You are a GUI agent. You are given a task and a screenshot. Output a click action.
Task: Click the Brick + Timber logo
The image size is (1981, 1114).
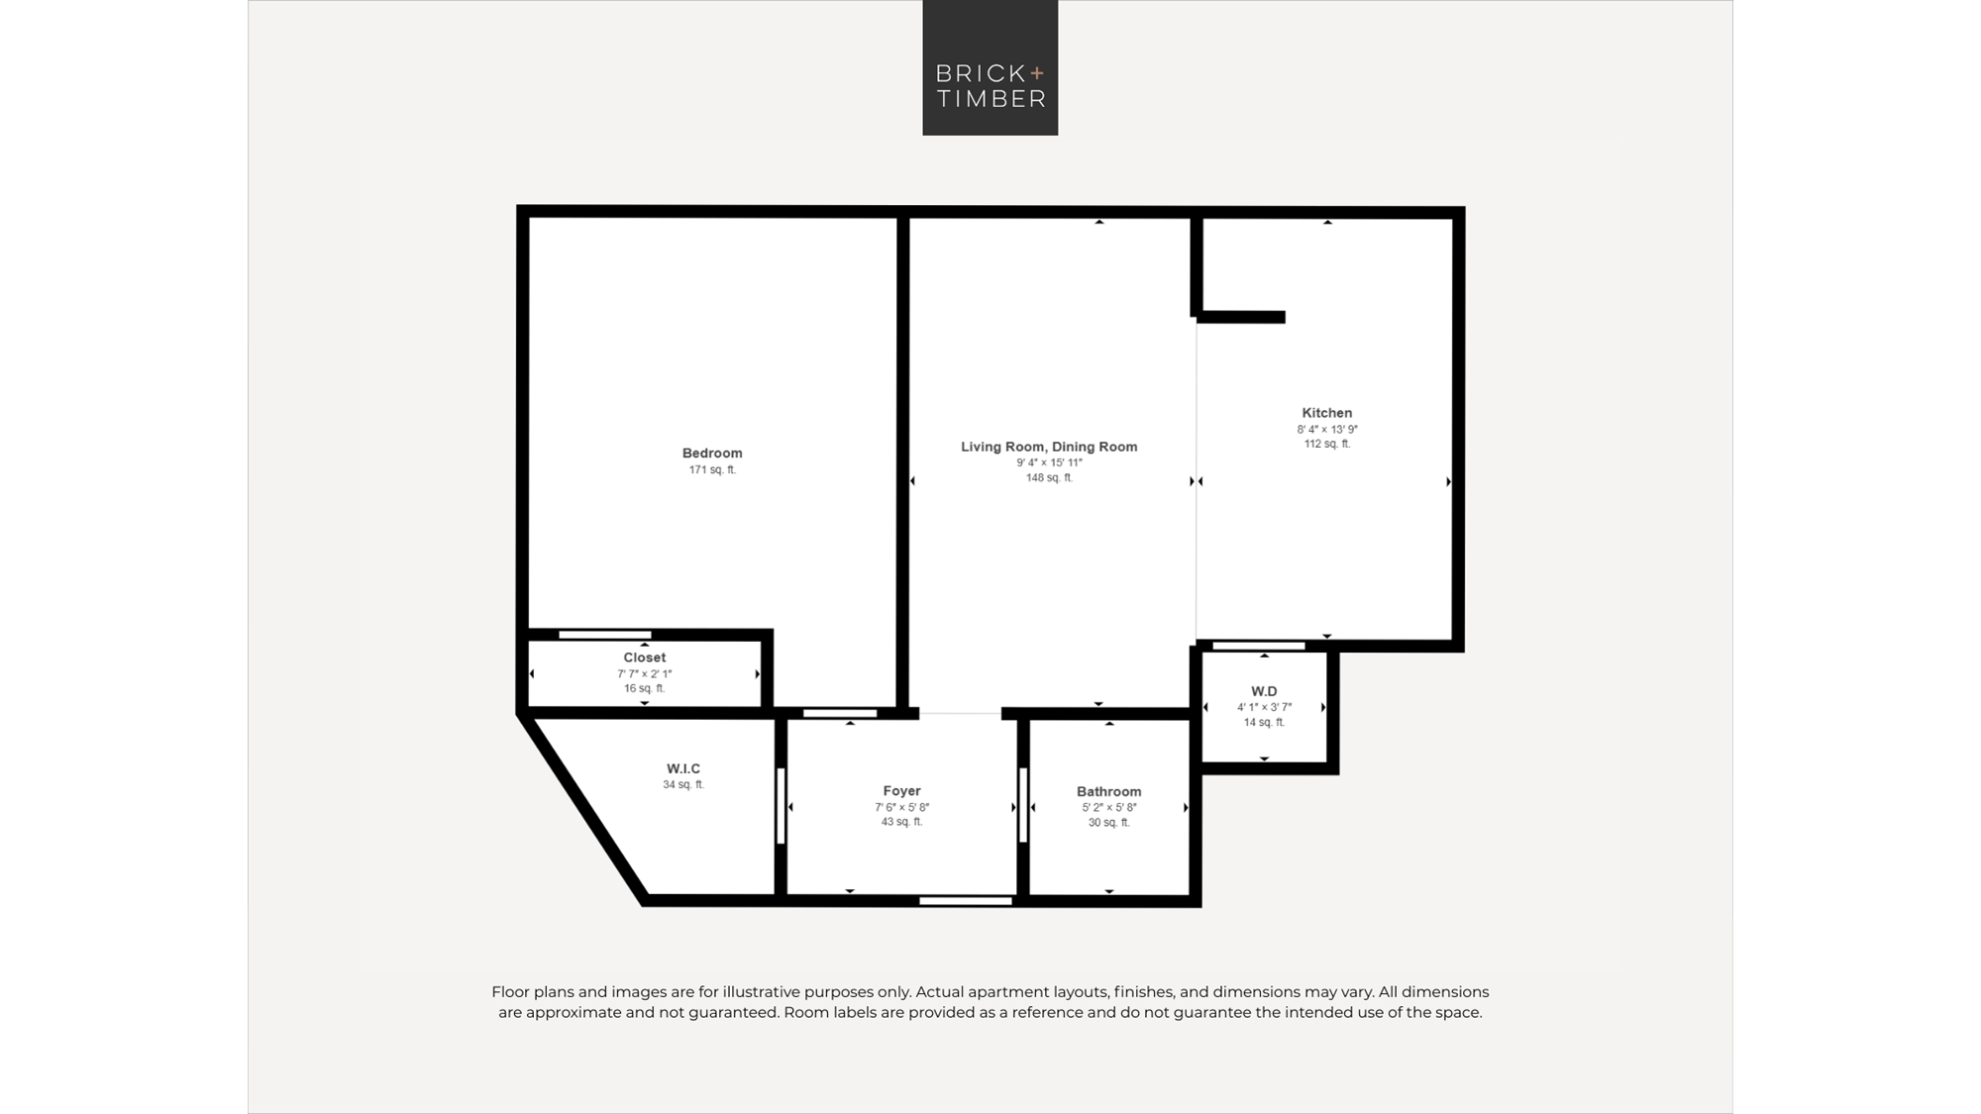tap(990, 67)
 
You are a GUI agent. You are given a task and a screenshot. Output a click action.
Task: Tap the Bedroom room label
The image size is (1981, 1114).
tap(712, 454)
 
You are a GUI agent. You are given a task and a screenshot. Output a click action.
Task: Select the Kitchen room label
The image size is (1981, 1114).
tap(1326, 413)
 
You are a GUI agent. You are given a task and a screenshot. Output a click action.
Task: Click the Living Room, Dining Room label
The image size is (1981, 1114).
tap(1049, 447)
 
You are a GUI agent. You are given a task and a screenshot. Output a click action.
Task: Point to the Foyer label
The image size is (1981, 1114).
tap(901, 791)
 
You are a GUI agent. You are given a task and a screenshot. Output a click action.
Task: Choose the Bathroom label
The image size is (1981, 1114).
tap(1108, 792)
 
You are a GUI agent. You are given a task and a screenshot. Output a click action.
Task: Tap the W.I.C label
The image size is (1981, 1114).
tap(683, 768)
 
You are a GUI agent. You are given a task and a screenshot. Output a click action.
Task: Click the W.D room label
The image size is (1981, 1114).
tap(1264, 691)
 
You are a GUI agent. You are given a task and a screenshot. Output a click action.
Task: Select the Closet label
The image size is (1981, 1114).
tap(644, 658)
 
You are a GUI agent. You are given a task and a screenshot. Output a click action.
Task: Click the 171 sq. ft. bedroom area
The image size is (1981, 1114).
tap(712, 470)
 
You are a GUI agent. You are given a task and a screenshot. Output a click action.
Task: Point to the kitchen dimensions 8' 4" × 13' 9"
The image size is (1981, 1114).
tap(1327, 430)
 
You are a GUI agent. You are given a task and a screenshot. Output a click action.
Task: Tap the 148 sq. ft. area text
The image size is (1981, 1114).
tap(1049, 478)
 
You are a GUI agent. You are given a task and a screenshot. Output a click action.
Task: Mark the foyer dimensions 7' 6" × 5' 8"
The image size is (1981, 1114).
tap(901, 808)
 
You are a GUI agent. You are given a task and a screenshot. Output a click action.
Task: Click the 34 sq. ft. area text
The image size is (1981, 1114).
tap(683, 785)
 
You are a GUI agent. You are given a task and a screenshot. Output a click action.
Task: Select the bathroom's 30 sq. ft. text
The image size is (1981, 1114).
tap(1108, 823)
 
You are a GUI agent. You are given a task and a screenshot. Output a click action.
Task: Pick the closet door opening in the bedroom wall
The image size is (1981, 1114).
tap(605, 635)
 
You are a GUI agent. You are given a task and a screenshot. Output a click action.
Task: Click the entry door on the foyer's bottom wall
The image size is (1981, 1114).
tap(966, 901)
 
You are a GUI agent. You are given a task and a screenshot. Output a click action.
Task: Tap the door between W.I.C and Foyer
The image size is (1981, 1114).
tap(781, 806)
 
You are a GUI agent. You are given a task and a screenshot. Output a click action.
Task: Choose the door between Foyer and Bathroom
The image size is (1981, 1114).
tap(1023, 806)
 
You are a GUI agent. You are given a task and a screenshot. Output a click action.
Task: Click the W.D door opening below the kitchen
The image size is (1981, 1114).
tap(1259, 647)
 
